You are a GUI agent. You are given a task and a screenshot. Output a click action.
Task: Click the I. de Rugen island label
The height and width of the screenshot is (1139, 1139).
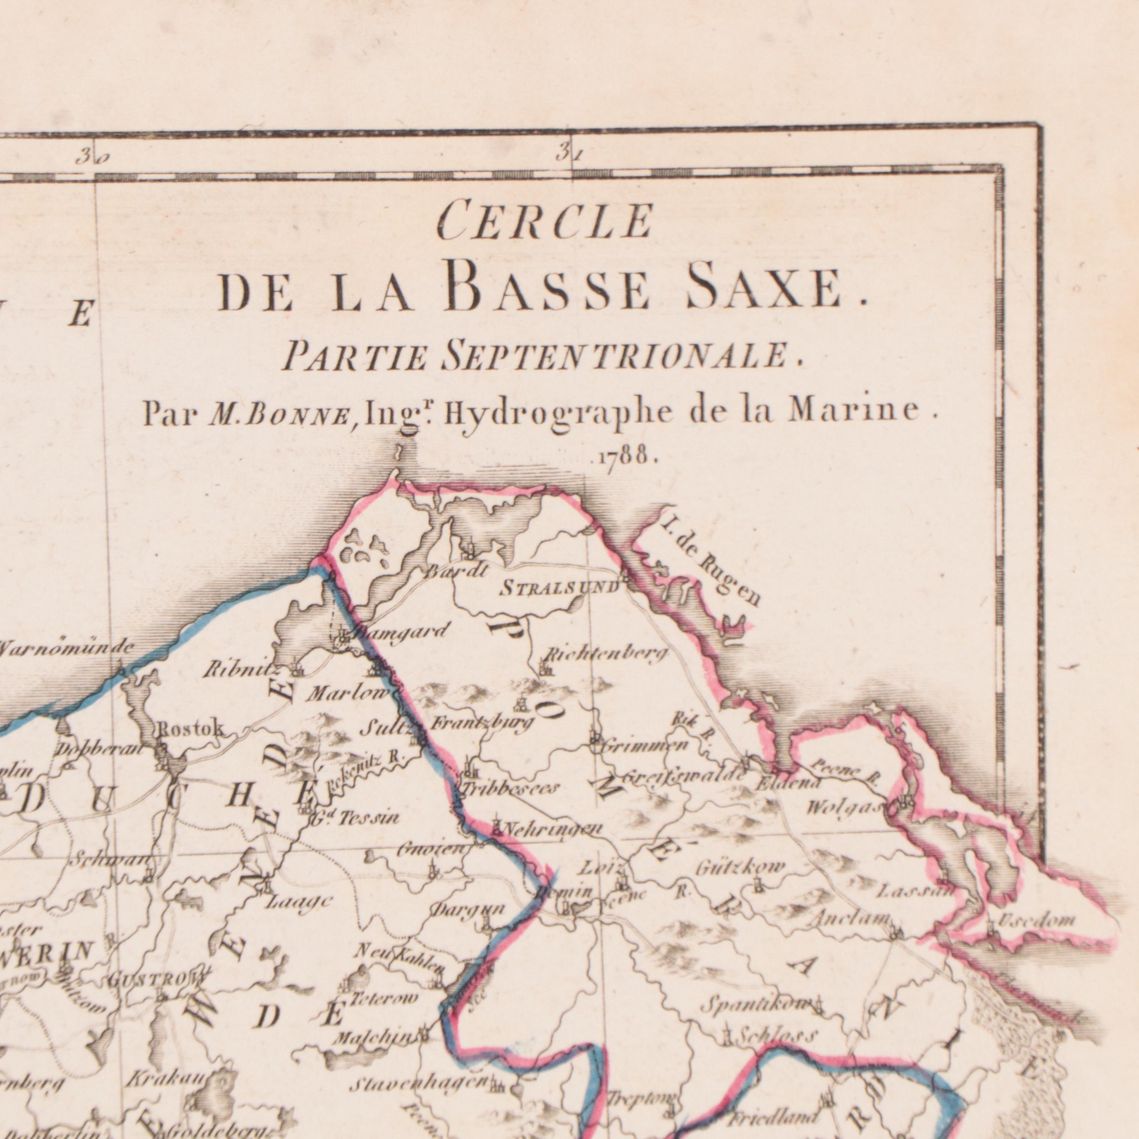click(711, 560)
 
